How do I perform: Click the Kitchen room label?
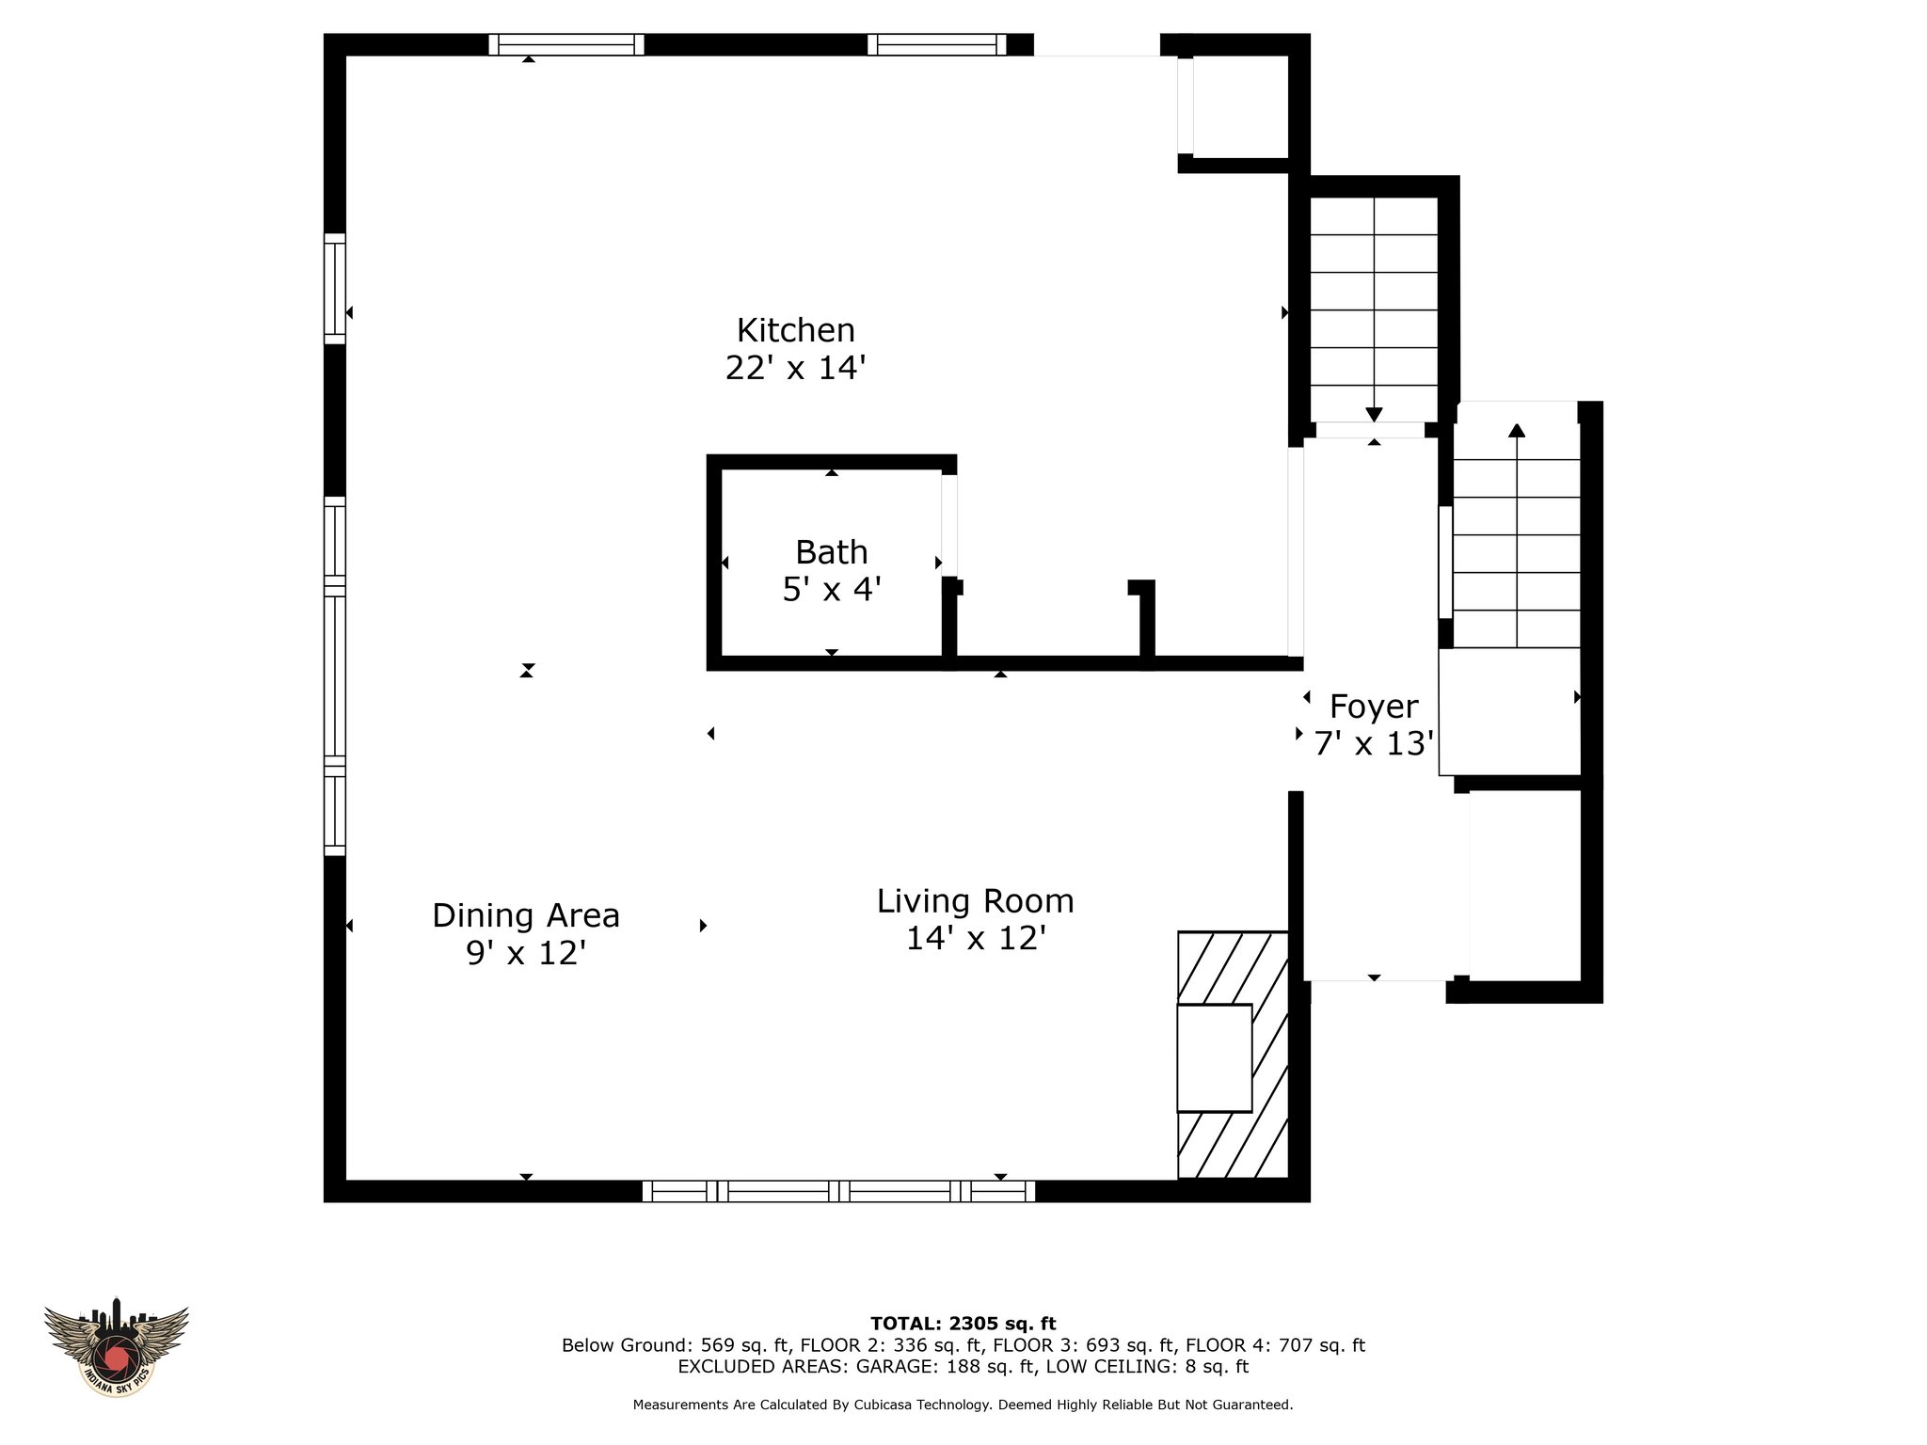[x=795, y=330]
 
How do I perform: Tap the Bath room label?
[x=831, y=551]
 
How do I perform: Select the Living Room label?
[x=975, y=901]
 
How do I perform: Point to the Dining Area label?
[x=526, y=915]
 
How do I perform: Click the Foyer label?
[x=1374, y=707]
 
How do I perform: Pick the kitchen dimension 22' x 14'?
[x=795, y=368]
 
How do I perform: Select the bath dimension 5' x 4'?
[x=832, y=590]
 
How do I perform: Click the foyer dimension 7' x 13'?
[x=1374, y=744]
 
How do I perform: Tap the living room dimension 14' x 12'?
[x=976, y=938]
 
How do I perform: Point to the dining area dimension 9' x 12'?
[x=526, y=953]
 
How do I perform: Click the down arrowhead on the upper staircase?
[x=1374, y=414]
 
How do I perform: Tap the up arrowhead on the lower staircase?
[x=1516, y=431]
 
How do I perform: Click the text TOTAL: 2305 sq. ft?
[x=963, y=1324]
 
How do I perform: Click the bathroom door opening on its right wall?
[x=949, y=525]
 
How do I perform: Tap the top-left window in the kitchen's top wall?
[x=566, y=44]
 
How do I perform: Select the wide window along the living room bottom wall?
[x=838, y=1191]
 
